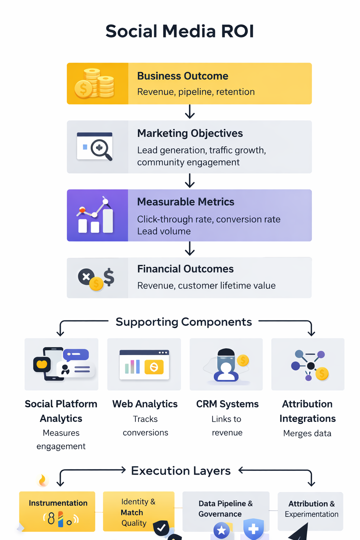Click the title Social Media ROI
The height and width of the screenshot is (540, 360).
pos(180,31)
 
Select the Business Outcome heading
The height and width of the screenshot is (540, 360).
pos(182,76)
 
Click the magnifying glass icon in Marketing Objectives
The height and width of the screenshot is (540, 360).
pos(101,149)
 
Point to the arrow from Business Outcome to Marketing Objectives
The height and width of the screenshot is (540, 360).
pos(190,112)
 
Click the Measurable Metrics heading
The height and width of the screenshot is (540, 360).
pos(186,202)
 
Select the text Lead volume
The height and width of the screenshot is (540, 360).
pos(164,231)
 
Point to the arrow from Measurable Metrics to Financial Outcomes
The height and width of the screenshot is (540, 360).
pos(190,249)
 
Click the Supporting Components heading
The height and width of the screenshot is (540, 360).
pos(184,322)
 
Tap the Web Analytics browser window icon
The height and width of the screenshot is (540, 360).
pos(144,365)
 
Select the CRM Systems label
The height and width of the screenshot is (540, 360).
pos(227,404)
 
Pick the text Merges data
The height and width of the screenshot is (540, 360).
pos(307,433)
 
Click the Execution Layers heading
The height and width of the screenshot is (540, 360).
pos(181,471)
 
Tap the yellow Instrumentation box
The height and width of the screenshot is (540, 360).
pos(57,512)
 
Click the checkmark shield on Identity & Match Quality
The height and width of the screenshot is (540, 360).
pos(161,528)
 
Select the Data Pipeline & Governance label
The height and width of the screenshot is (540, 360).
pos(225,509)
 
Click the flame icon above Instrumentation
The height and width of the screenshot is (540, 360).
pos(43,480)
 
